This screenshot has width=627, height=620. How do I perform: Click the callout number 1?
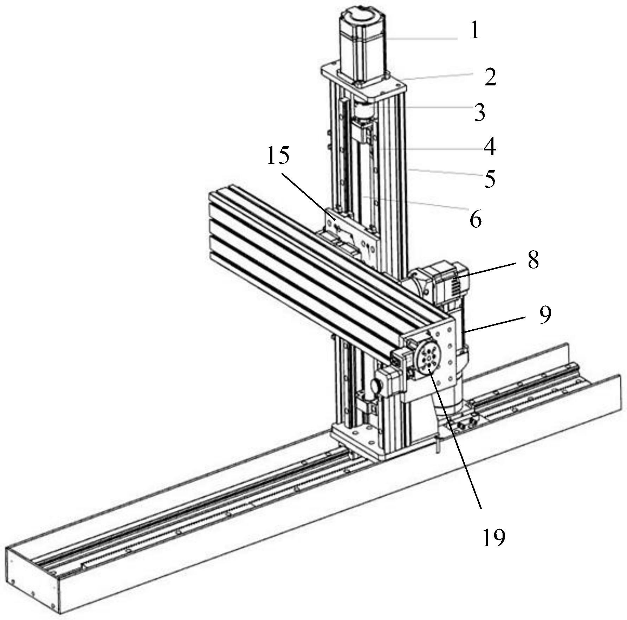(x=475, y=30)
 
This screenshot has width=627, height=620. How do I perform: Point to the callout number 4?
(x=490, y=147)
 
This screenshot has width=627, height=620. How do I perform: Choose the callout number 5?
(x=490, y=179)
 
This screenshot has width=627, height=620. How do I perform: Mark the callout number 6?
(x=475, y=220)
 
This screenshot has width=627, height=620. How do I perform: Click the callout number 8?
(x=533, y=260)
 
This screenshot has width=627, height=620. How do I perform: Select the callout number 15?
(x=278, y=155)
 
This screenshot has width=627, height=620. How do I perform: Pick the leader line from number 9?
(x=496, y=324)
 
